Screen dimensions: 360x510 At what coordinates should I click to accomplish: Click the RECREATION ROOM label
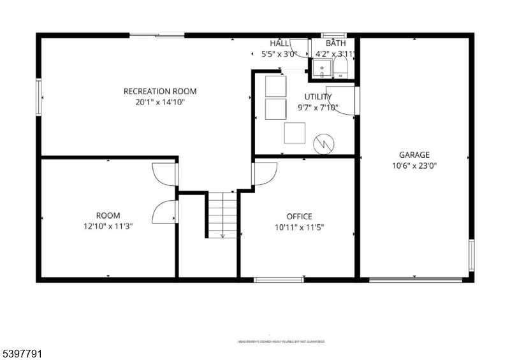(x=159, y=91)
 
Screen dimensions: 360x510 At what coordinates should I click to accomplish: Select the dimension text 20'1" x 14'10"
(x=159, y=101)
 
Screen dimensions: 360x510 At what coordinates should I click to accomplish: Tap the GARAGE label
(x=414, y=155)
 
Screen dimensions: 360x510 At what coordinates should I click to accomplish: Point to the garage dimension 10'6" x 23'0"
(x=414, y=165)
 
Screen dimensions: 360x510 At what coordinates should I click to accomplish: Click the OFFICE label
(x=298, y=217)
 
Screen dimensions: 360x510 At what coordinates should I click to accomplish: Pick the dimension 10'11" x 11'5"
(x=298, y=227)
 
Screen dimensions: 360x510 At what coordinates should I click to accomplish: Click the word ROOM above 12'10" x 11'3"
(x=108, y=215)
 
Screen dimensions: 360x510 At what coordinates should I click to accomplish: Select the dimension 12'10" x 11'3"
(x=108, y=226)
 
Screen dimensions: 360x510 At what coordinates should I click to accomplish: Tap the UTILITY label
(x=317, y=97)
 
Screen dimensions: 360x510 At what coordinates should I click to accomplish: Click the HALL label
(x=279, y=43)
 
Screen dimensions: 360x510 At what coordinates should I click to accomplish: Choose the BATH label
(x=335, y=43)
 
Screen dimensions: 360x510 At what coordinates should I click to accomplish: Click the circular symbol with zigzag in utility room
(x=324, y=144)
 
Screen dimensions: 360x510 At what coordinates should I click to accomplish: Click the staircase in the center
(x=222, y=215)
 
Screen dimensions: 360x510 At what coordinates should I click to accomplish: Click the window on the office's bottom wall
(x=279, y=279)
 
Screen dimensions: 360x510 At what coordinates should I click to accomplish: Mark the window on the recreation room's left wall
(x=38, y=97)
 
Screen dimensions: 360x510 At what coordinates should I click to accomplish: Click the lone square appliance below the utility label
(x=295, y=133)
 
